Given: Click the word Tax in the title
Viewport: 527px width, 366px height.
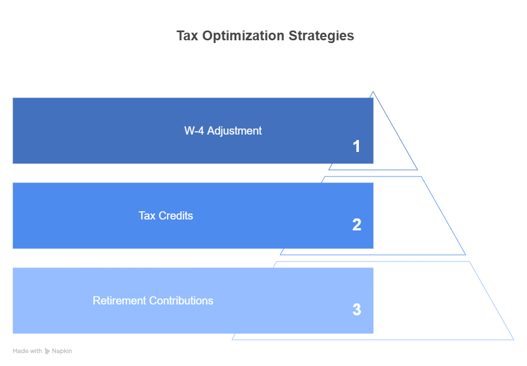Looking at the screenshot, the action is click(x=187, y=35).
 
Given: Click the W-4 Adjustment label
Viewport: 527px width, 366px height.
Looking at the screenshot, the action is click(x=223, y=131).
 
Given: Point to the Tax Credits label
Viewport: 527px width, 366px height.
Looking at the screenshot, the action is click(x=166, y=215).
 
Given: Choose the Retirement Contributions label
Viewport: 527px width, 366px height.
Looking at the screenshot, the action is click(x=153, y=301).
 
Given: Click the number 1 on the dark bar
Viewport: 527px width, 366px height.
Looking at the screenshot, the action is click(x=356, y=147).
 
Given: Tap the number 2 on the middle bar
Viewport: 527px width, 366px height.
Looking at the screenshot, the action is click(x=357, y=224).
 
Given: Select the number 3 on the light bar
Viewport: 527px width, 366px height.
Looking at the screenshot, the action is click(x=357, y=309).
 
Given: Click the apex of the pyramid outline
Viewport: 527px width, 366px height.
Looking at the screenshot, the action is click(x=373, y=91).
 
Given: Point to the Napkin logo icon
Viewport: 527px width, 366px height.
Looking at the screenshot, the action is click(x=47, y=351).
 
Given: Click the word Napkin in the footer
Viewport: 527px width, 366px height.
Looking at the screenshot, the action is click(x=62, y=351).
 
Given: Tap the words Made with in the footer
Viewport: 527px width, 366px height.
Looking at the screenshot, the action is click(x=27, y=351).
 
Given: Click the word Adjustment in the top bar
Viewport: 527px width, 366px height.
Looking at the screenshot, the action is click(x=234, y=131).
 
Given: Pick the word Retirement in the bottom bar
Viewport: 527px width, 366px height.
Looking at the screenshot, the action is click(x=119, y=301).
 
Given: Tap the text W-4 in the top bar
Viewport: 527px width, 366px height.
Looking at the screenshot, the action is click(x=194, y=131).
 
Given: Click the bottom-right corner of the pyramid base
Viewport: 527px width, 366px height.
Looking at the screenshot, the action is click(x=513, y=339).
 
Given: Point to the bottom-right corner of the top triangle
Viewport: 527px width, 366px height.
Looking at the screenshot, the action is click(x=417, y=170).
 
